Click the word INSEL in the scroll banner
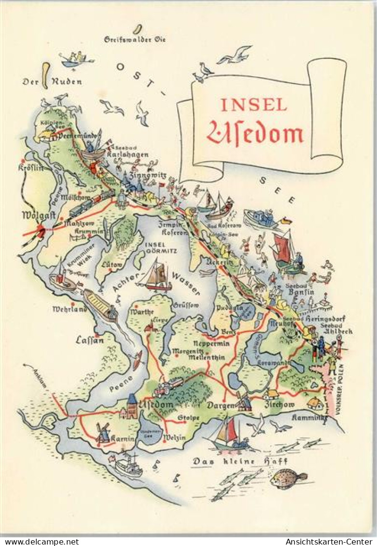[x=254, y=104]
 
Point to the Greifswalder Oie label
[x=135, y=40]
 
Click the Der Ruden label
[x=52, y=82]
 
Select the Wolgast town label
[x=37, y=215]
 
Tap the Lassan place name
[x=90, y=340]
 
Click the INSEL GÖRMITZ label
[x=161, y=248]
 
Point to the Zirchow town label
[x=279, y=405]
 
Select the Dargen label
[x=221, y=406]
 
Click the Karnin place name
[x=123, y=438]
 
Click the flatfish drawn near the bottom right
[x=287, y=478]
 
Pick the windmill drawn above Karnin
[x=103, y=432]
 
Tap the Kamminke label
[x=309, y=417]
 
